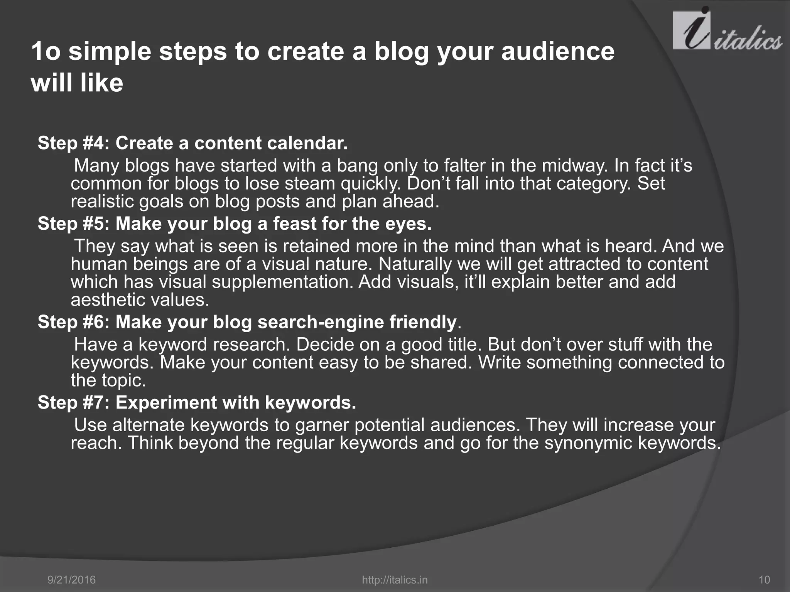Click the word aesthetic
click(106, 300)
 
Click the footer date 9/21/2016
click(71, 580)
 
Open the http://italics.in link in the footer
click(395, 580)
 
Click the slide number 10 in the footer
click(764, 580)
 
